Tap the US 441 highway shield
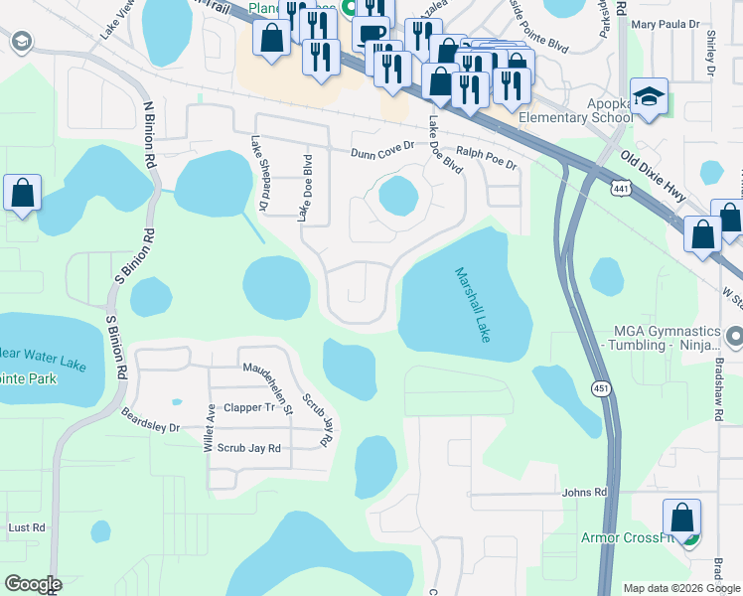[x=622, y=188]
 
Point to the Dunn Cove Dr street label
[x=381, y=152]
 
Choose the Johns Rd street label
[x=583, y=492]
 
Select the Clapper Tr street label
[x=248, y=407]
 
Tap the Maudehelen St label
[x=268, y=378]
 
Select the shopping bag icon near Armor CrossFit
[x=681, y=519]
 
